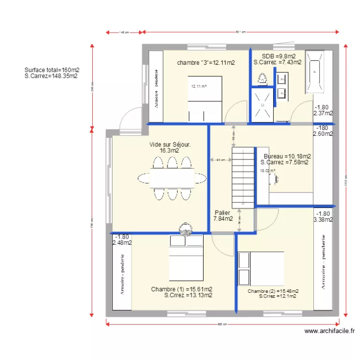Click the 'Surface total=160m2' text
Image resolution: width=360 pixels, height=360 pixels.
(52, 70)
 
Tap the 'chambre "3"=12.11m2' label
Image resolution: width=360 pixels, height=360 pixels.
(205, 62)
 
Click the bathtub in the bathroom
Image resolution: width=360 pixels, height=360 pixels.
(315, 72)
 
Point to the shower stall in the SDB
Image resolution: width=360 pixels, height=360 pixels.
(262, 104)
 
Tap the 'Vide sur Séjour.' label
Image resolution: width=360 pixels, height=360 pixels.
(170, 144)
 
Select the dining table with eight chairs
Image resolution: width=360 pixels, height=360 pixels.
(171, 178)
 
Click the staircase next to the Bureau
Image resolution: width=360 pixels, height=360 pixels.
(243, 177)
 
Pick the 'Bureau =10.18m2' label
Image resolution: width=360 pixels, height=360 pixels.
(287, 156)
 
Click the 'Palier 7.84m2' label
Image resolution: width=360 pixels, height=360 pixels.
(223, 216)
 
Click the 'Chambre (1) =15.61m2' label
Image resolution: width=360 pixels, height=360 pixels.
(181, 289)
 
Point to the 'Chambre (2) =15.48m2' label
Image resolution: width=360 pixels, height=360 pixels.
(273, 291)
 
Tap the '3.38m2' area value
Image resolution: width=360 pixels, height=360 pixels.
(323, 220)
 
